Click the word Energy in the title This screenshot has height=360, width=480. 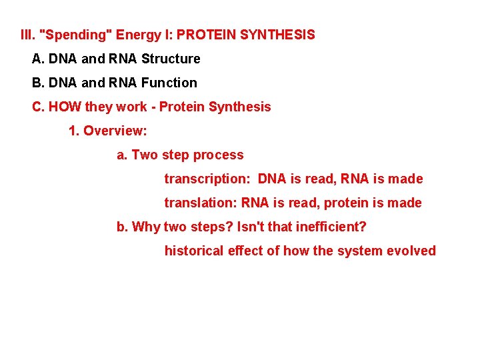pyautogui.click(x=139, y=34)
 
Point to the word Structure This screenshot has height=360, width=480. pyautogui.click(x=171, y=59)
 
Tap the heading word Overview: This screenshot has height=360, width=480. pyautogui.click(x=115, y=131)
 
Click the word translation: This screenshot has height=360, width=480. pyautogui.click(x=201, y=203)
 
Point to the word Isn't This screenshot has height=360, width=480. pyautogui.click(x=251, y=227)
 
